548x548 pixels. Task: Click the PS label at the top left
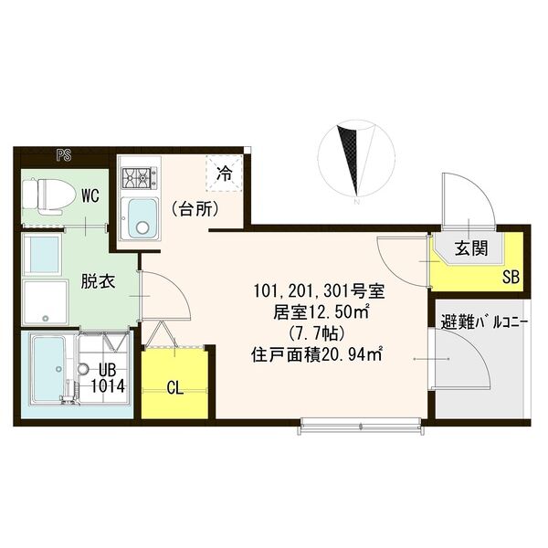point(63,154)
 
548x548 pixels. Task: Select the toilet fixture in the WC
point(43,194)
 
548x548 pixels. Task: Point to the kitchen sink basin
point(142,216)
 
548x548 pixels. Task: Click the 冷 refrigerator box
point(224,171)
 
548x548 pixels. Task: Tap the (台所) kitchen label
point(194,208)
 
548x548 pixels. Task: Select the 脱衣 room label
point(96,281)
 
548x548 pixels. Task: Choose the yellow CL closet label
point(175,387)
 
